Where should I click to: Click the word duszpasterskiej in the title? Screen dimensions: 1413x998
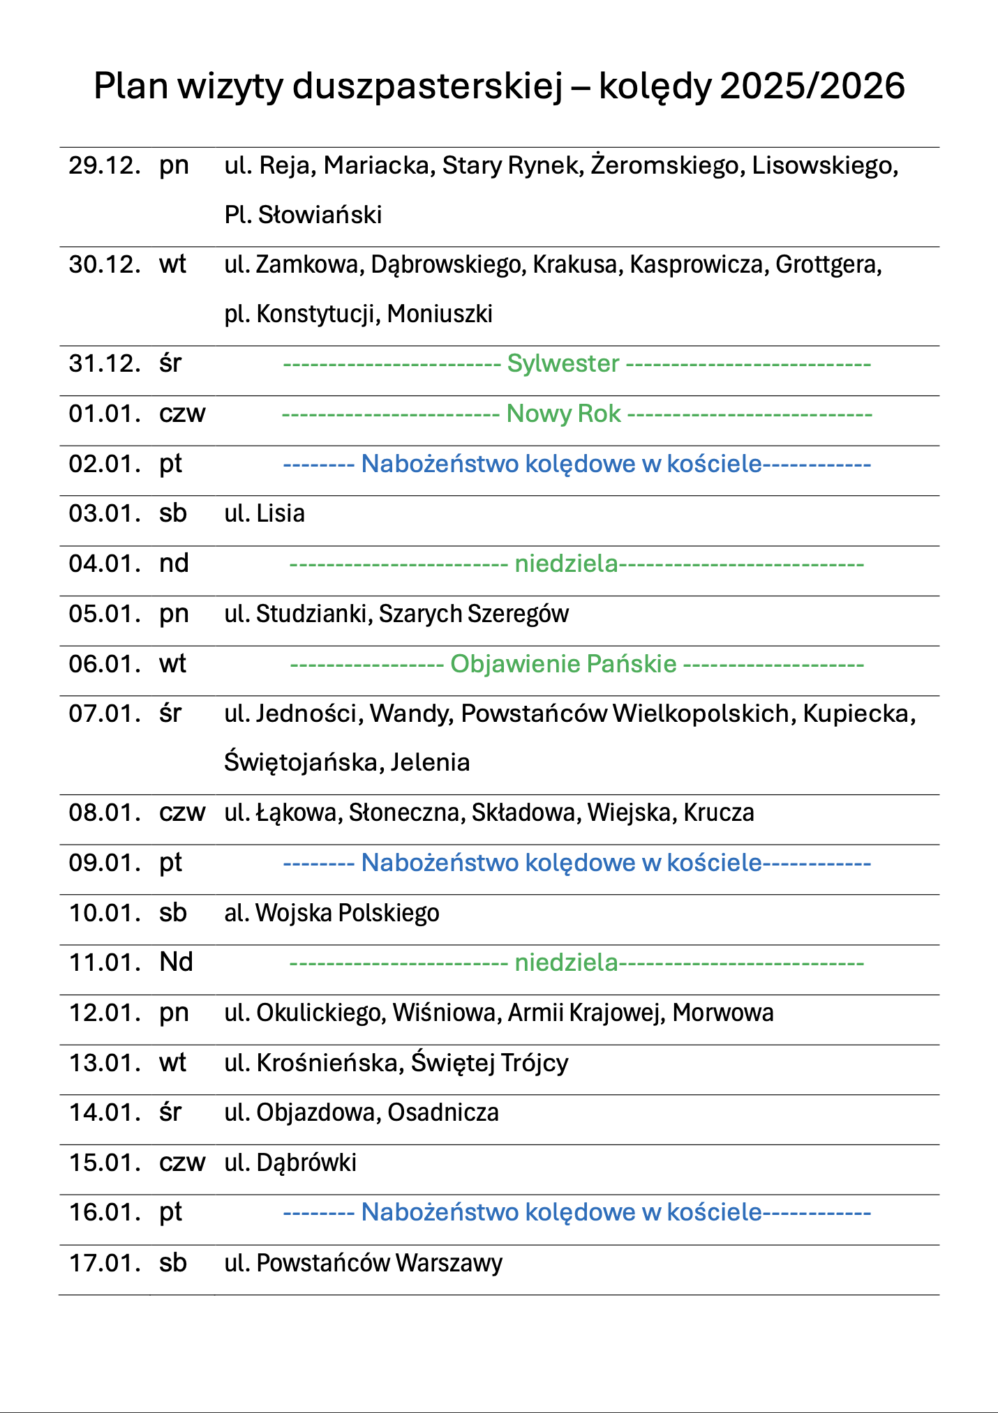pos(427,87)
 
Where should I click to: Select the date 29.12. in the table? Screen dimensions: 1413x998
pos(105,166)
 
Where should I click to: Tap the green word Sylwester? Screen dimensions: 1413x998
pos(563,363)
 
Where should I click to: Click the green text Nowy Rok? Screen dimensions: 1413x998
pos(563,414)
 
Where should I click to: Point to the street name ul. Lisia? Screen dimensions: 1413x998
pos(265,514)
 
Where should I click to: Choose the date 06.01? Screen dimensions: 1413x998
pos(105,664)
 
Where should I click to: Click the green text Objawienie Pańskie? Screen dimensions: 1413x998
pos(563,664)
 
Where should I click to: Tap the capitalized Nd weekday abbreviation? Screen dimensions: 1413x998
pos(176,962)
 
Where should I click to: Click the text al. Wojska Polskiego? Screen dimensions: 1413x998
pos(332,913)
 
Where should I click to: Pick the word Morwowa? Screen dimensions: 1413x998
pos(723,1013)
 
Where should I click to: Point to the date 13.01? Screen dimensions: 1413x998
pos(105,1063)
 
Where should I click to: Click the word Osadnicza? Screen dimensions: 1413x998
pos(443,1112)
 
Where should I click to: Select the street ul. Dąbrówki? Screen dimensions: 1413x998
pos(290,1163)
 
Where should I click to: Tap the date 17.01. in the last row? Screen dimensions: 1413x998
pos(105,1263)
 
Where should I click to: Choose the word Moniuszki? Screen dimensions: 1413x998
pos(440,315)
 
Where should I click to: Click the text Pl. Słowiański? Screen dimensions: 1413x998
pos(303,215)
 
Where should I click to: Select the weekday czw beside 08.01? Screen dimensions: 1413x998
pos(182,813)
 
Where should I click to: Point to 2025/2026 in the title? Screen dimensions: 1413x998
pos(812,87)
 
